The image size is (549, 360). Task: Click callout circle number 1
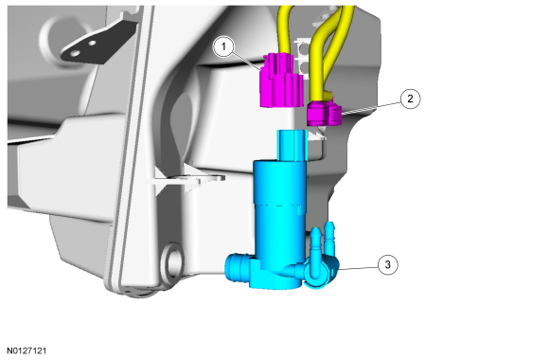point(223,45)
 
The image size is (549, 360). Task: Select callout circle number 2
point(410,99)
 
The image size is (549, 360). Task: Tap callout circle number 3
point(387,264)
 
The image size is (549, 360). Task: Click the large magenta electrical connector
point(281,80)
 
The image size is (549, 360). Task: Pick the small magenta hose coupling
point(324,112)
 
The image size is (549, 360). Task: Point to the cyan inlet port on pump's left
point(238,267)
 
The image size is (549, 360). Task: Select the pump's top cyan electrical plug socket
point(292,146)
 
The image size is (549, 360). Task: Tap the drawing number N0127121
point(27,351)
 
